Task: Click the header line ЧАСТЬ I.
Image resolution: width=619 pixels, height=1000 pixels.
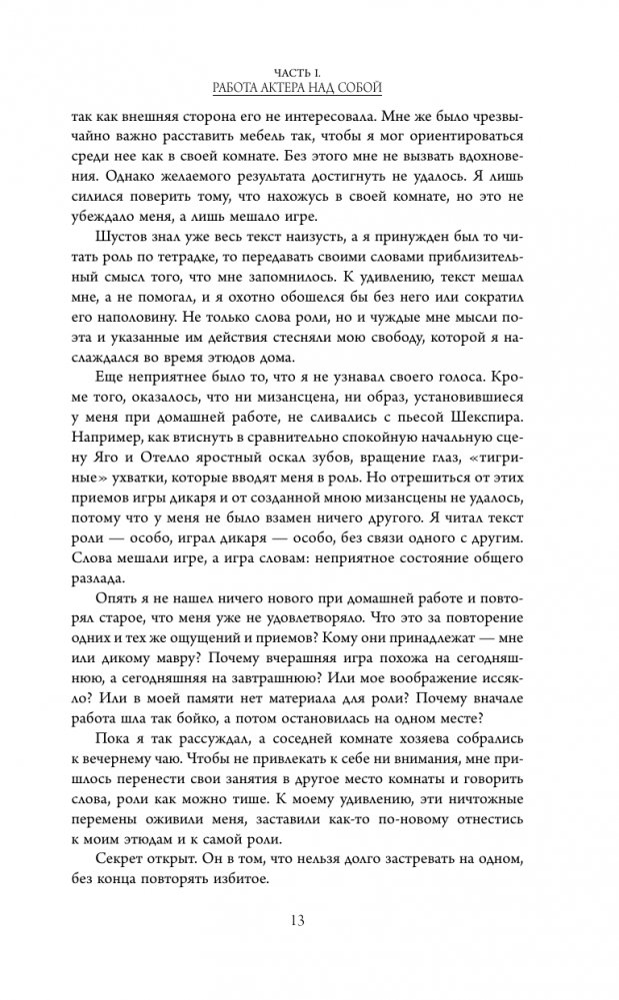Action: coord(309,70)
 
